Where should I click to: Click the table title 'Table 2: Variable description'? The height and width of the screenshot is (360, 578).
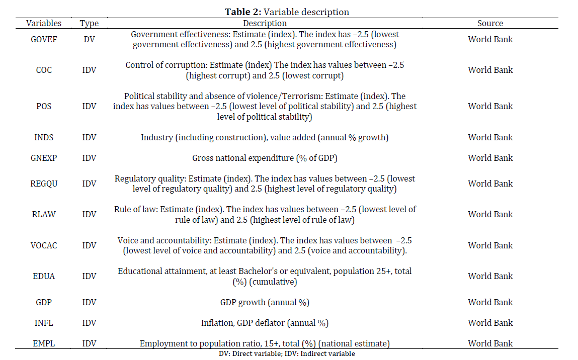287,12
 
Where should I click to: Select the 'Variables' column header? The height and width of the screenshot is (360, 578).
44,23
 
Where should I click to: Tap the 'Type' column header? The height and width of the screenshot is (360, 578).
89,24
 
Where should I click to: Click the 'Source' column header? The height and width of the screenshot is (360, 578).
490,23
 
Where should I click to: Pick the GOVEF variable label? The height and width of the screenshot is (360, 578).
44,39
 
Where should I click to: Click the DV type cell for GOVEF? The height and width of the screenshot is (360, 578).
89,39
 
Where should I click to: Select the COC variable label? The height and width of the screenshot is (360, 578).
44,70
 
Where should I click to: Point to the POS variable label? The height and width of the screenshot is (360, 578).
44,106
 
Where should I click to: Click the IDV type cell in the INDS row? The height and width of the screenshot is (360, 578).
89,137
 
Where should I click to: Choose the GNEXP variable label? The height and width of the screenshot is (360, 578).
44,158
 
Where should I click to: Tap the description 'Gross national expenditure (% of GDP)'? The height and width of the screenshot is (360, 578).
265,158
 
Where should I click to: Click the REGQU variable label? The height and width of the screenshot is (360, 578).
44,184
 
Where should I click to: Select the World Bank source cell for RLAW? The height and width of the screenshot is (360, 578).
490,215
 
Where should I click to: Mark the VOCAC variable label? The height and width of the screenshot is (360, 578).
44,245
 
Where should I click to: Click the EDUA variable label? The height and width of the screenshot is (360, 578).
44,277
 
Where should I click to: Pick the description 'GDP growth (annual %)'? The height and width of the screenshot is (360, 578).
265,303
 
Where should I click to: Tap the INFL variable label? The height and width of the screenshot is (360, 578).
44,323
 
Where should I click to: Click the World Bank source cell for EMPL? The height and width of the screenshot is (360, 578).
490,343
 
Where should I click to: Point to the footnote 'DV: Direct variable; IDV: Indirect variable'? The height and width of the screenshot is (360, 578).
287,354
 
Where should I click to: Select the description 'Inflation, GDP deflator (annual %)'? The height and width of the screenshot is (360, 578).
265,323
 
